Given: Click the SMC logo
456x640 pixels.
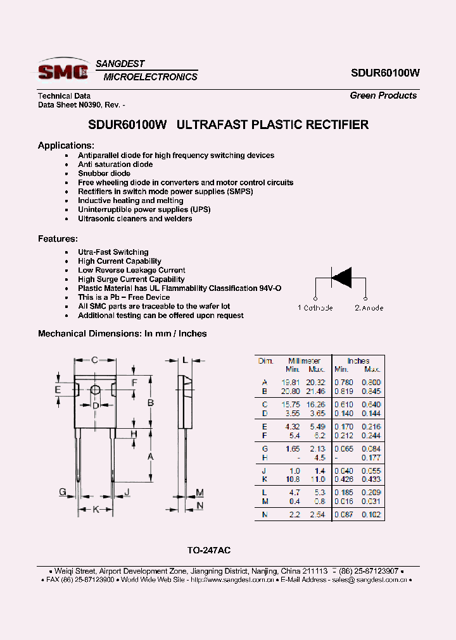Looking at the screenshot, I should coord(63,71).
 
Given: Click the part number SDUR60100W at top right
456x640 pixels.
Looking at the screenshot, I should coord(385,73).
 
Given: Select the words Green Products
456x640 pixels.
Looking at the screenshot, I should coord(383,95).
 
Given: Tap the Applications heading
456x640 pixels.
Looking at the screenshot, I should coord(66,145).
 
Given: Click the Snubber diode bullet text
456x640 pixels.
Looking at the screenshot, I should coord(104,173).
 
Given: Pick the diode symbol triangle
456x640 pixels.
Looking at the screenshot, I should coord(342,277).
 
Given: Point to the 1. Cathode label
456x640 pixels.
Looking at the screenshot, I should coord(315,308).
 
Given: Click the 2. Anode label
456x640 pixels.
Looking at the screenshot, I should coord(369,308).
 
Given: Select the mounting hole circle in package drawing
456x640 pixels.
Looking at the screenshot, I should coord(95,390).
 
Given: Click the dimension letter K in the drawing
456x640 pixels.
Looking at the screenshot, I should coord(96,509).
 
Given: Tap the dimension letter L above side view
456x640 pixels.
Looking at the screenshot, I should coord(184,360).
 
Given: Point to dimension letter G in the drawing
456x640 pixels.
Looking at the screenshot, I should coord(63,492).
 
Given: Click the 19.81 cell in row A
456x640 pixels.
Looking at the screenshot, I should coord(290,383).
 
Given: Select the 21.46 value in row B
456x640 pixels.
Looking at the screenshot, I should coord(316,391).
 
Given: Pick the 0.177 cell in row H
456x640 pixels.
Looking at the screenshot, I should coord(370,458).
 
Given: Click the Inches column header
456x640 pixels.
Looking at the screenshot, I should coord(358,361).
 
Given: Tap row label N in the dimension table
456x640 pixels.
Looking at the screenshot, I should coord(264,515).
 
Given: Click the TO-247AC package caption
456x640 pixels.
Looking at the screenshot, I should coord(213,551).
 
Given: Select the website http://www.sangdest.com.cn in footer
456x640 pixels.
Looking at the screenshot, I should coord(232,579).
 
